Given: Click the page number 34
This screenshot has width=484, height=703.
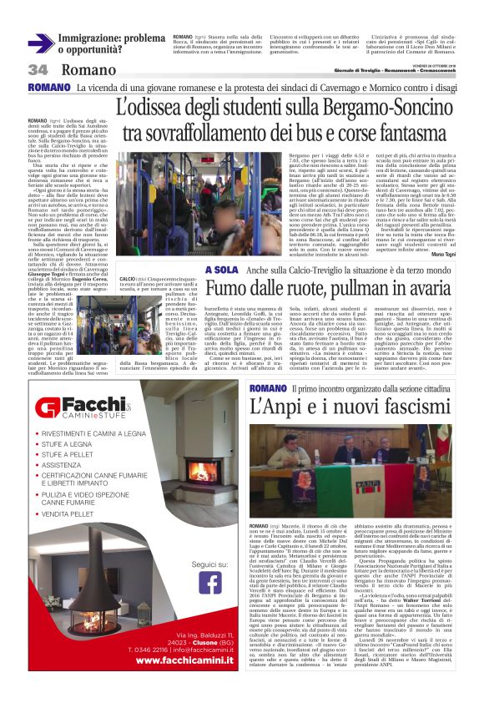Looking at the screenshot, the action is point(38,70).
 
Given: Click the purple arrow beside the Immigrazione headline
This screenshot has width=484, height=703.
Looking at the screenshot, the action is point(40,44).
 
